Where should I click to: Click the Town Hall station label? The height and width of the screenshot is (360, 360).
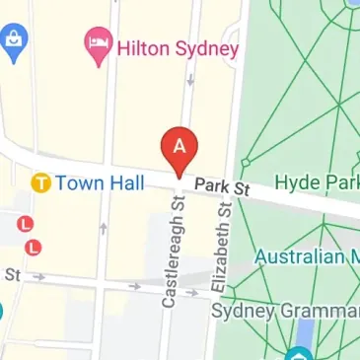100,182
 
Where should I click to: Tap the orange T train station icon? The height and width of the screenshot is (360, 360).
40,182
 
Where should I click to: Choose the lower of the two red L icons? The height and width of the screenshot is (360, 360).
35,246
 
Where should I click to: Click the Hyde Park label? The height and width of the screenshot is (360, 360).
316,182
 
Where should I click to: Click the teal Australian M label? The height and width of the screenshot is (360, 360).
306,257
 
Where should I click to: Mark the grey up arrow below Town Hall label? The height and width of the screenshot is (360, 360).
103,229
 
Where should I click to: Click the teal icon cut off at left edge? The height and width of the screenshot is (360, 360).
2,314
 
